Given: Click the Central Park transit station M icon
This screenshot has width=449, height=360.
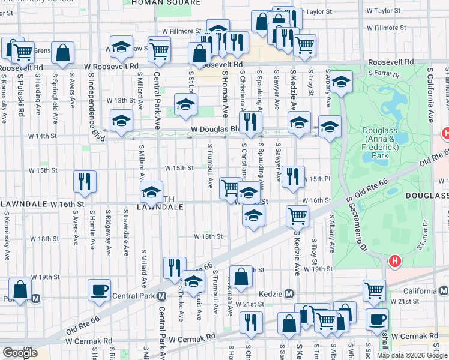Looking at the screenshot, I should pos(162,296).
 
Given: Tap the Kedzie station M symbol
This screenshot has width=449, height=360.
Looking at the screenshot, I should pos(289,293).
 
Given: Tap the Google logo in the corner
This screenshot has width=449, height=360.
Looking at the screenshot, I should pos(19,353).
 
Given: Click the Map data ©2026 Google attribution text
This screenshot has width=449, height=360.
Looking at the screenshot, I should pos(411,355).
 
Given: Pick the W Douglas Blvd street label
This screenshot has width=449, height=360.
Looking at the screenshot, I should pos(214,129).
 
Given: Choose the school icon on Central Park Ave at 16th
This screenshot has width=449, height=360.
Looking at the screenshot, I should pos(151,192).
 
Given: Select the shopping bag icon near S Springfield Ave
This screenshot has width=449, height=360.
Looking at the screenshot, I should pos(63,53).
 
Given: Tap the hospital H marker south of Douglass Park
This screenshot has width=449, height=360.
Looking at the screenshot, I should pos(394,261).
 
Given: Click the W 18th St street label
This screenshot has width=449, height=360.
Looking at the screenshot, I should pos(208,237).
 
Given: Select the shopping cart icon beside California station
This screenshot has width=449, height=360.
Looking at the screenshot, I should pos(375,290).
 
